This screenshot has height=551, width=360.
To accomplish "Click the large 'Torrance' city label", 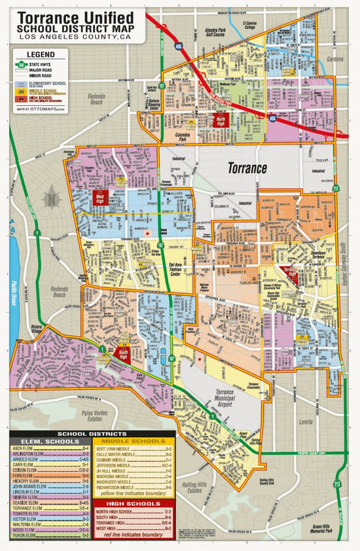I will point(247,168).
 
